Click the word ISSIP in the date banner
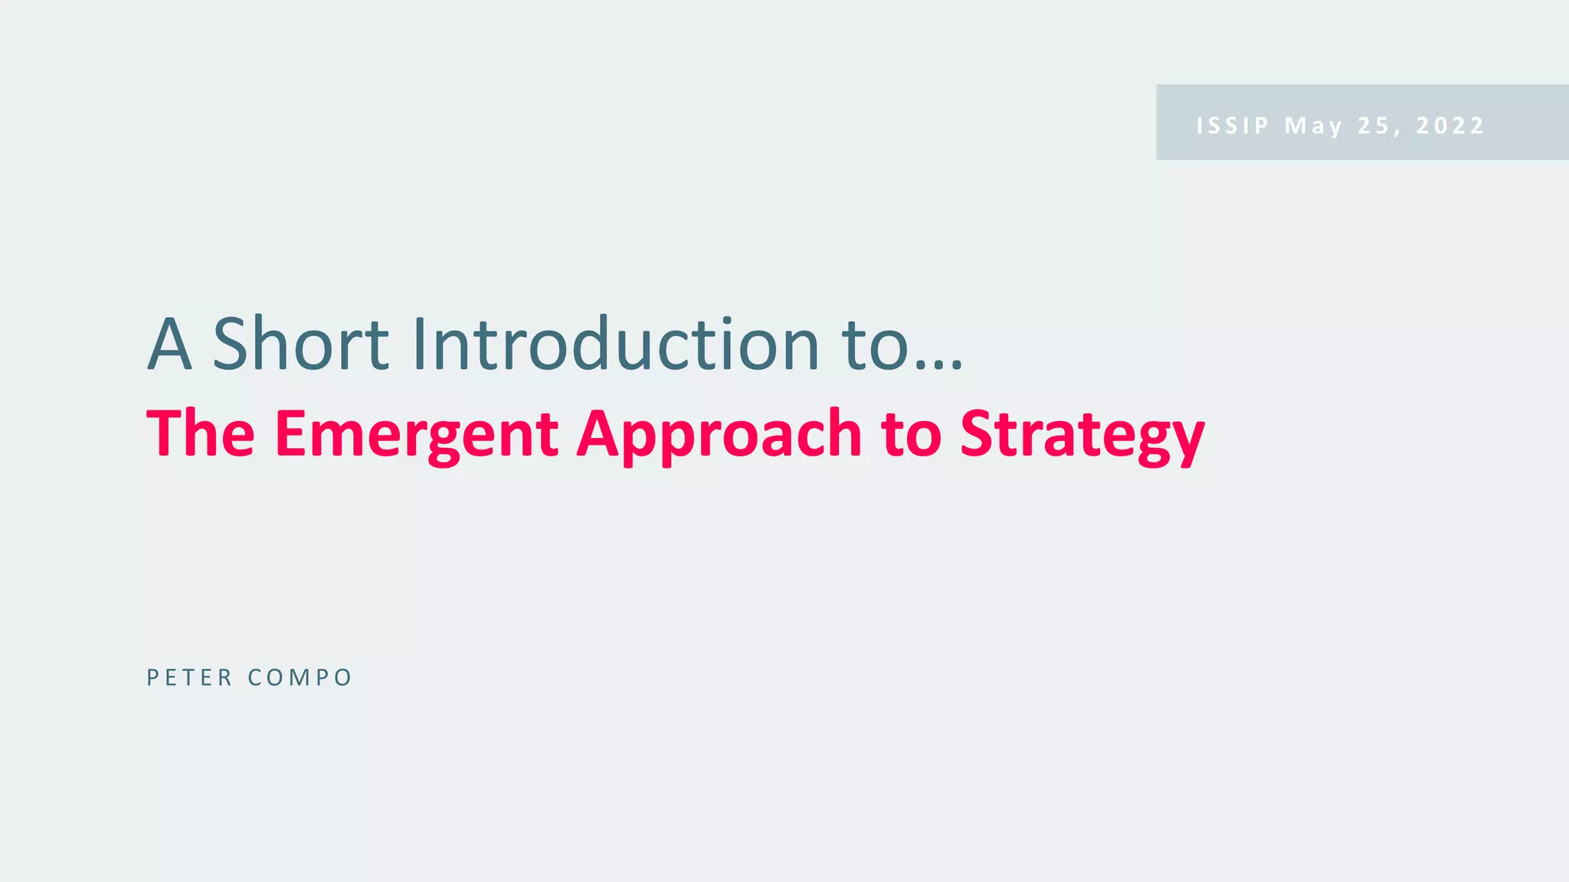[1233, 126]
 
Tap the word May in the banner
[1313, 126]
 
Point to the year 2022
[1450, 126]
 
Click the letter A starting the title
[169, 345]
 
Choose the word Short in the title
[300, 345]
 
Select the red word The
[200, 434]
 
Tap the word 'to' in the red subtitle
[911, 434]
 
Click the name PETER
[189, 678]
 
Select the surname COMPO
[300, 678]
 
